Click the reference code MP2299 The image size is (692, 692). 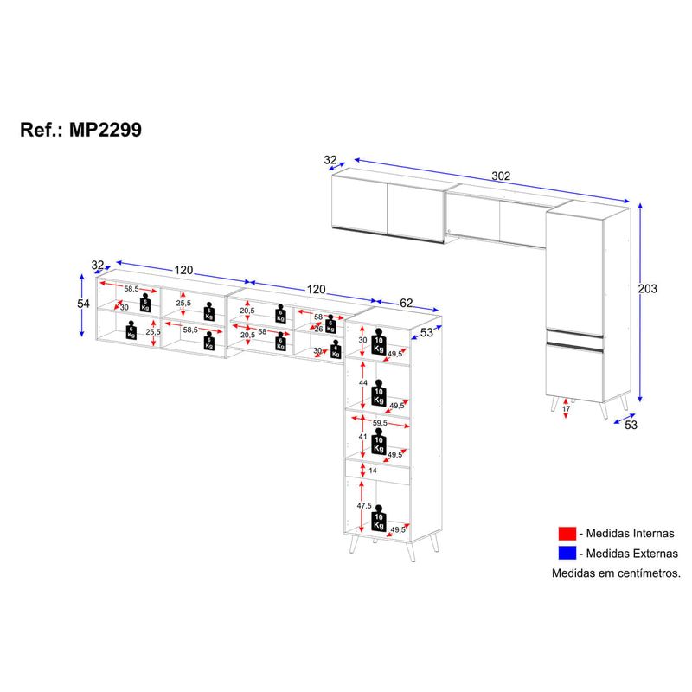coord(106,130)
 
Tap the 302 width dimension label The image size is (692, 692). coord(501,176)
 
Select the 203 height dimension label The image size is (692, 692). coord(647,289)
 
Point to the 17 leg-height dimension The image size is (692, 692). coord(567,408)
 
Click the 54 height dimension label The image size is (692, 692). coord(83,304)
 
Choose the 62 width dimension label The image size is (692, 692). coord(406,303)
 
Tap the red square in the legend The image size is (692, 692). coord(567,534)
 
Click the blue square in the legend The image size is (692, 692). coord(567,554)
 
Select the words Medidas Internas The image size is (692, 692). coord(631,534)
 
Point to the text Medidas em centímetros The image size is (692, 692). coord(616,573)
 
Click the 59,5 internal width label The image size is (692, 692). coord(380,423)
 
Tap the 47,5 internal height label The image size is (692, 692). coord(364,506)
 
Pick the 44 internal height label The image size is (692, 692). coord(363,382)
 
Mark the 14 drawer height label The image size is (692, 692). coord(373,471)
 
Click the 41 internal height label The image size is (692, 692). coord(362,437)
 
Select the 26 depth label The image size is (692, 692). coord(318,330)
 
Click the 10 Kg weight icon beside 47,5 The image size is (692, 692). coord(379,518)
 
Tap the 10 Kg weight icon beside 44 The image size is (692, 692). coord(379,393)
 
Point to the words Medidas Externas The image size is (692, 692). coord(632,554)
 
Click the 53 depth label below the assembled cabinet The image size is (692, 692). coord(631,425)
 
